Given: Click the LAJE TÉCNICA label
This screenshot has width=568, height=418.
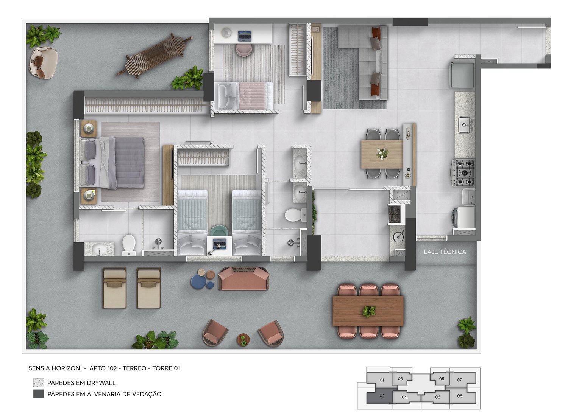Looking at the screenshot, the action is [445, 252].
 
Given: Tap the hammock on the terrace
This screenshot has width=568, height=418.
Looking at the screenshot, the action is [155, 56].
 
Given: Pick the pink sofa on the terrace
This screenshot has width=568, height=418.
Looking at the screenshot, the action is [244, 278].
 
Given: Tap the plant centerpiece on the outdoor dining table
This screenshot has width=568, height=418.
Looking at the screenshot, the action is [369, 311].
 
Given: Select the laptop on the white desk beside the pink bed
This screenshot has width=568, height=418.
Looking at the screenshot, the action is [245, 36].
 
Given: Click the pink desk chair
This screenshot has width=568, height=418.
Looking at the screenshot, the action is [244, 50].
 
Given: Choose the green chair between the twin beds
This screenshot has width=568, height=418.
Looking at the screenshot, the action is [220, 231].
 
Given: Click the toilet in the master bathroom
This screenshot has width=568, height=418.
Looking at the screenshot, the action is [129, 245].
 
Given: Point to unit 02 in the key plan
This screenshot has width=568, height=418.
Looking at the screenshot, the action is [382, 396].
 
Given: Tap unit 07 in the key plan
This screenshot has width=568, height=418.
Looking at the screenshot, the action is [459, 380].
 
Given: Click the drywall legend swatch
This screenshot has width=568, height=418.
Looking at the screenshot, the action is [39, 382].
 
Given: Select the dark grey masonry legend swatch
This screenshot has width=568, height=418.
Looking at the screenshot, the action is [39, 394].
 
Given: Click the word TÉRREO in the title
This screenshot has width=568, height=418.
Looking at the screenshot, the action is [134, 368].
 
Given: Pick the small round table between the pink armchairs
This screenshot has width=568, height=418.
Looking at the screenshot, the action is [243, 340].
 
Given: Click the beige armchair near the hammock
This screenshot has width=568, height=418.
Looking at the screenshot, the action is [44, 62].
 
